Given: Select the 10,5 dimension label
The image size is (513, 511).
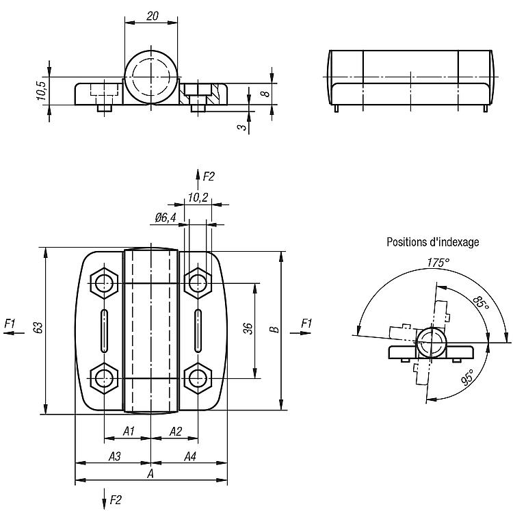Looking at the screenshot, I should [40, 91].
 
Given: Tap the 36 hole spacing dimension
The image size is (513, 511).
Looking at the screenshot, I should [248, 330].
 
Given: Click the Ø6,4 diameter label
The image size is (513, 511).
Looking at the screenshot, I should [166, 218].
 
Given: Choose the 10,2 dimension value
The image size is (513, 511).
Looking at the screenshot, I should [198, 198].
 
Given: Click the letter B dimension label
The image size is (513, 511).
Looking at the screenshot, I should [274, 330].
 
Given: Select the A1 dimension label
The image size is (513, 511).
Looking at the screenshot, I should [128, 431].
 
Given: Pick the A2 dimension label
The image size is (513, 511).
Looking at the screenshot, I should [175, 431].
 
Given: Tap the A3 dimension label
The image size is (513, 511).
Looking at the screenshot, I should [114, 456].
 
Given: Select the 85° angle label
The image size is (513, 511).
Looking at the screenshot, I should [482, 303].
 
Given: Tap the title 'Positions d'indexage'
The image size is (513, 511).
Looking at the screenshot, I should [432, 241].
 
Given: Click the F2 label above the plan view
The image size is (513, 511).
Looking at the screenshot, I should [209, 176].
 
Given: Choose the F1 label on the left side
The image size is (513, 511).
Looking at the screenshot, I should [10, 323].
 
